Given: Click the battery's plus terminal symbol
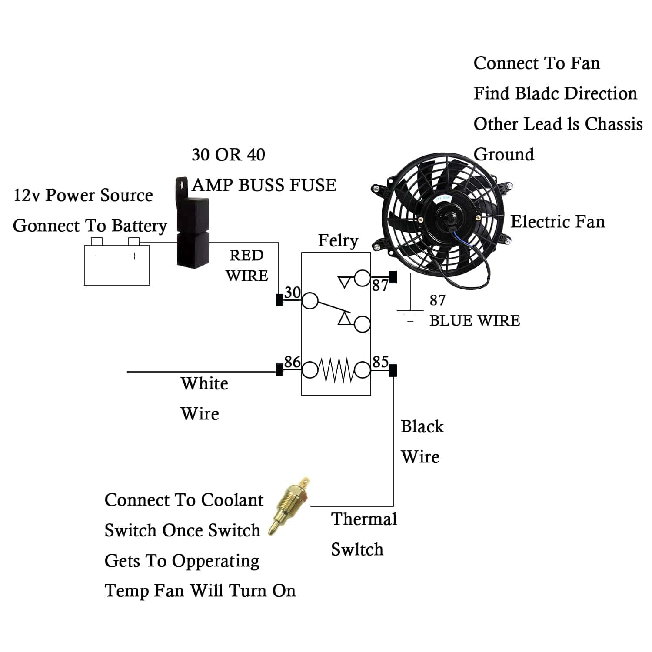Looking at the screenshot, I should click(x=134, y=256).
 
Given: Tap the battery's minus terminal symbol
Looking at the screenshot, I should click(x=98, y=256).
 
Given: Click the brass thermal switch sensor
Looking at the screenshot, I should click(x=289, y=506).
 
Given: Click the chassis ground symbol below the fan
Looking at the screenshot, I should click(x=410, y=315).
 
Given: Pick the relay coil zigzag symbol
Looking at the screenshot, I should click(x=336, y=370).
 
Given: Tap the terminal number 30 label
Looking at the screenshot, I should click(x=293, y=292).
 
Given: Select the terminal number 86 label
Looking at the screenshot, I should click(x=292, y=362).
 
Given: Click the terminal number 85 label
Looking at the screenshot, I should click(x=380, y=362).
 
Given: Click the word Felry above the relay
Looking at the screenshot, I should click(x=338, y=240).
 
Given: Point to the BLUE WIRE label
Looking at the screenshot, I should click(x=475, y=321).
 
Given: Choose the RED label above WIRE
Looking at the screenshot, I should click(x=246, y=255).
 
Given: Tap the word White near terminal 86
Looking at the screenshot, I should click(x=204, y=383).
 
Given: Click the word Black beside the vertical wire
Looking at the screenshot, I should click(x=422, y=426).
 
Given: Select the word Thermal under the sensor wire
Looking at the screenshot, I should click(x=364, y=519).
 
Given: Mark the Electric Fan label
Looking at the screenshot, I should click(x=557, y=222).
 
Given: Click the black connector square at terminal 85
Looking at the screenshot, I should click(x=393, y=370).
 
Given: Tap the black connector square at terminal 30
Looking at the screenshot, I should click(x=279, y=300).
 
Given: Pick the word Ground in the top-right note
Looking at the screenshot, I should click(x=504, y=154).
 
